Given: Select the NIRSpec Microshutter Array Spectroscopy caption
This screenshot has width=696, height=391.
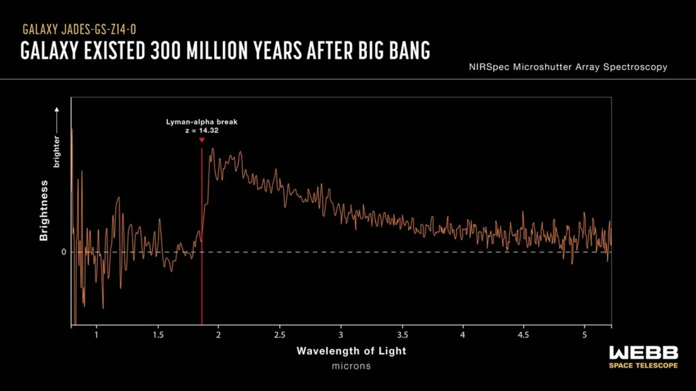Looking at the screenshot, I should [568, 67].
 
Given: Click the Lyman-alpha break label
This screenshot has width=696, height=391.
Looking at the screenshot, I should [201, 122].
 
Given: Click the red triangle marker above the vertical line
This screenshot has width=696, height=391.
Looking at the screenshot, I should [202, 140].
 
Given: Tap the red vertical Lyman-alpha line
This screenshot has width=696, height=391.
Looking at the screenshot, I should [202, 272].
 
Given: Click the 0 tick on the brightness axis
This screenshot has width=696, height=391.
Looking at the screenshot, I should [64, 252].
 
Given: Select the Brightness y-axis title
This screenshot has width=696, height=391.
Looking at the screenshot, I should [44, 210].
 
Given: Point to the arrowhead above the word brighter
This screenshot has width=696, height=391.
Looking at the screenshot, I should [57, 108].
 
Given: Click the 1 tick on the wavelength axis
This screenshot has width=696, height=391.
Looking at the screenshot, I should [97, 335].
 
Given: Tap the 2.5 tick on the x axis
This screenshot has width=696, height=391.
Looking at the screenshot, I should [279, 335].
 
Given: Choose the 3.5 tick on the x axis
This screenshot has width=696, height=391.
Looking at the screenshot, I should [402, 335].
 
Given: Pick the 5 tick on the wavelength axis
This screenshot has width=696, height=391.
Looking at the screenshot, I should [585, 335].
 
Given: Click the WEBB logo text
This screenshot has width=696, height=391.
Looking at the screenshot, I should [643, 352].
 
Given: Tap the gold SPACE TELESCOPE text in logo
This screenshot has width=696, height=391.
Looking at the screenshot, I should [643, 365].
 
